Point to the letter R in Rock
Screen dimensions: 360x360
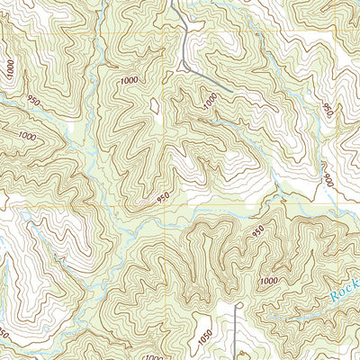pyautogui.click(x=334, y=296)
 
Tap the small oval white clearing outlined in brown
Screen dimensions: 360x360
pyautogui.click(x=155, y=107)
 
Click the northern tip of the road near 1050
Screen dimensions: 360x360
pyautogui.click(x=238, y=306)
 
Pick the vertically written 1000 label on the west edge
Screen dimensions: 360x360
pyautogui.click(x=9, y=68)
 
